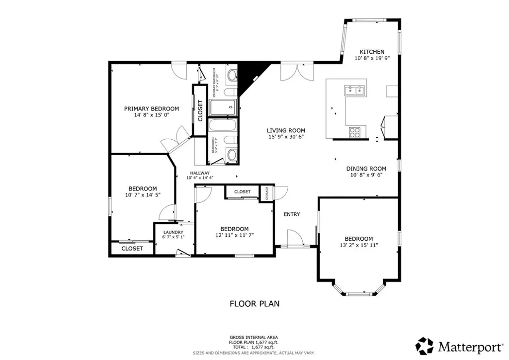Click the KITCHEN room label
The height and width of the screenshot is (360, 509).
pos(372,52)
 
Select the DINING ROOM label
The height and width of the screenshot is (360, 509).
pos(366,169)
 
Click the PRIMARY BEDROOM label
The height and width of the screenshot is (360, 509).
pos(151,109)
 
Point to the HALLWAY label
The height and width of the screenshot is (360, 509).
pos(198,173)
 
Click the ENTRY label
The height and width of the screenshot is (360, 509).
pos(292,214)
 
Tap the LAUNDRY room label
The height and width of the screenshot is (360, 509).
pos(173,232)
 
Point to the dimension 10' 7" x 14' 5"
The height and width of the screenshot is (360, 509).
pos(142,195)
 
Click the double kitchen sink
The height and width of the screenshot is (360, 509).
pos(355,90)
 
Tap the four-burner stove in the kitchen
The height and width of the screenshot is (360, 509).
pos(355,132)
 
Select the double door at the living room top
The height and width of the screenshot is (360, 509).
pos(297,72)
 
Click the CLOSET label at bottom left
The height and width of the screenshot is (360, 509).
pos(132,248)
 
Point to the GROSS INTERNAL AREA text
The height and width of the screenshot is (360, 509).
pos(254,337)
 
